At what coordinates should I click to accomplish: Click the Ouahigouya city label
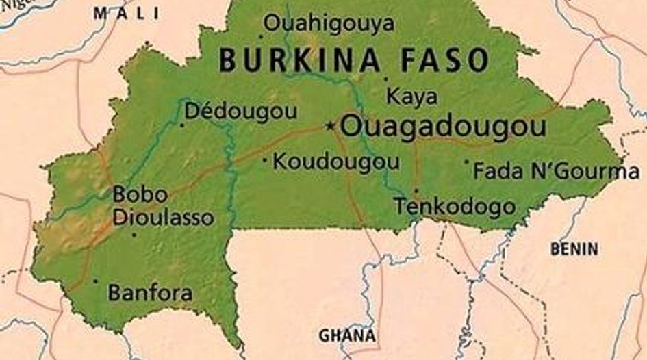click(x=329, y=24)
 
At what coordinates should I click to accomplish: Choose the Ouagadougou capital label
click(x=443, y=126)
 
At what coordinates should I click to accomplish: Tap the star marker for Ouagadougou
click(x=331, y=125)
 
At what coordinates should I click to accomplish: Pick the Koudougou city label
click(x=336, y=162)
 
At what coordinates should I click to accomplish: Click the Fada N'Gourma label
click(x=556, y=170)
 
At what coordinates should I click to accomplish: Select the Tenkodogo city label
click(x=455, y=205)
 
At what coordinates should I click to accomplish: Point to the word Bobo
click(x=140, y=194)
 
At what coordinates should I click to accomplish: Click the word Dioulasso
click(x=163, y=218)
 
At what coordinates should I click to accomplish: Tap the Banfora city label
click(x=150, y=294)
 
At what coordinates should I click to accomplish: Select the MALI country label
click(x=126, y=12)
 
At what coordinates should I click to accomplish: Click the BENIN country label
click(x=574, y=249)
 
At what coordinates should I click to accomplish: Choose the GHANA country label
click(x=347, y=335)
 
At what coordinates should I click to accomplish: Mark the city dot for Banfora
click(x=95, y=281)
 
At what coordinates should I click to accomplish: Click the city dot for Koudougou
click(x=265, y=161)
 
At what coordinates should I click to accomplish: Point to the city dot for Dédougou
click(x=182, y=125)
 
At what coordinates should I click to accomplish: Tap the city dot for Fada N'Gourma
click(x=467, y=162)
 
